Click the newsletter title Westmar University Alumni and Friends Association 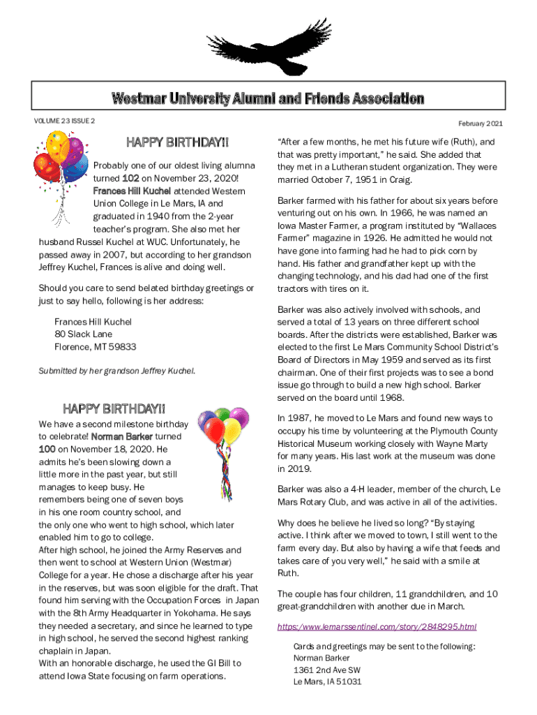click(x=268, y=98)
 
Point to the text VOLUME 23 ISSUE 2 click(x=64, y=121)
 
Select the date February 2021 click(x=481, y=124)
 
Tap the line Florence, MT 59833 click(x=96, y=346)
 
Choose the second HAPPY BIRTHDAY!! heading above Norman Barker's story click(x=114, y=408)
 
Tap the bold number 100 click(x=48, y=449)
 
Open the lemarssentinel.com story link click(x=377, y=626)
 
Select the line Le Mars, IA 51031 click(x=328, y=682)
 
